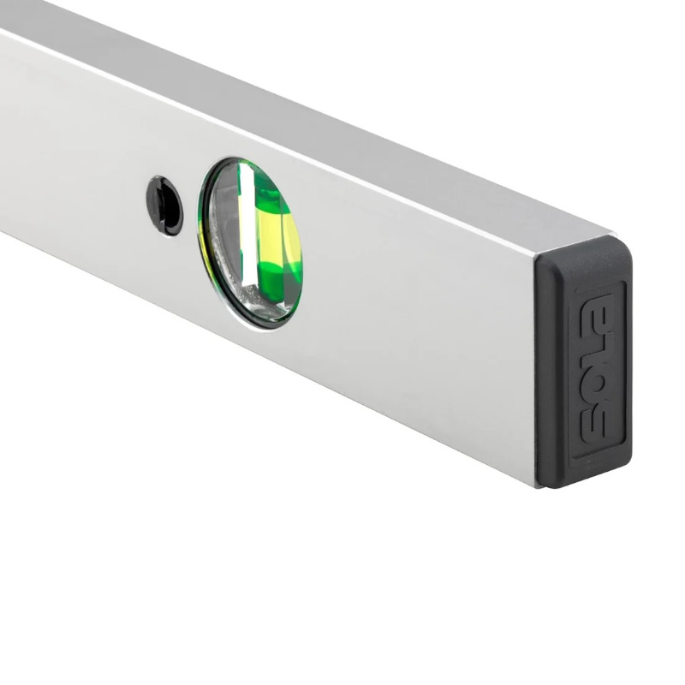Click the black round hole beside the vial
point(164,205)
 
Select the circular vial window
point(250,243)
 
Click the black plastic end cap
point(584,361)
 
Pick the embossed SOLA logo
point(598,368)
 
